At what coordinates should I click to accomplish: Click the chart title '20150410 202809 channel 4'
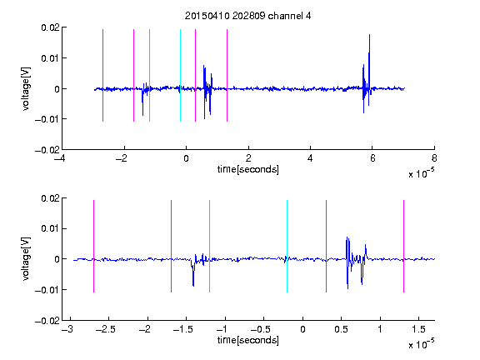[247, 16]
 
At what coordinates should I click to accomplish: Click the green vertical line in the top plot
[149, 75]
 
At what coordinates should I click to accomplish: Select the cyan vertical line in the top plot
[180, 75]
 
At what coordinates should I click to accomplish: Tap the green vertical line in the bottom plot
[209, 246]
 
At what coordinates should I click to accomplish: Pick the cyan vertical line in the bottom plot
[287, 246]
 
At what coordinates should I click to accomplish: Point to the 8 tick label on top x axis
[434, 158]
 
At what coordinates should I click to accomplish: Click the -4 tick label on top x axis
[60, 158]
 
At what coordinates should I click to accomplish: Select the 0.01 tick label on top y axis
[50, 58]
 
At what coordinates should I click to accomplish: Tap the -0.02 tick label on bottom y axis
[47, 321]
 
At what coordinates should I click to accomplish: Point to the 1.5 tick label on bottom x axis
[418, 329]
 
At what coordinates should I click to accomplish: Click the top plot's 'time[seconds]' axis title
[248, 169]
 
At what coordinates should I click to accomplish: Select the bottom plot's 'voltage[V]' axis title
[26, 259]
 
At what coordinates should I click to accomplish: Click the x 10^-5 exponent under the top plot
[421, 173]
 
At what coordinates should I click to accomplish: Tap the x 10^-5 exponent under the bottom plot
[421, 344]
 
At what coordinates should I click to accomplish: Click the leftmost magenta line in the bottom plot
[93, 246]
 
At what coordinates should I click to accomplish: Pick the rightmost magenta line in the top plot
[227, 75]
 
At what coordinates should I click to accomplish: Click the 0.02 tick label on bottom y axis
[50, 198]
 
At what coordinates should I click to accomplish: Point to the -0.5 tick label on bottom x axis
[260, 329]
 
